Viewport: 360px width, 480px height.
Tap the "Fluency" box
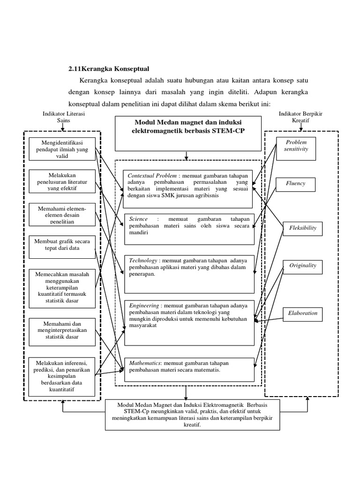(296, 184)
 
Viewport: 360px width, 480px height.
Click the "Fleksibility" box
(302, 228)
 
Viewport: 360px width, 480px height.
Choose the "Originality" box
(302, 266)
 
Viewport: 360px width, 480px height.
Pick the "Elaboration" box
(302, 313)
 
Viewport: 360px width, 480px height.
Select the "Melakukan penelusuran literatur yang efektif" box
(62, 181)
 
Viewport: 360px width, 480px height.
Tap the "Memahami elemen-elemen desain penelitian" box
(62, 214)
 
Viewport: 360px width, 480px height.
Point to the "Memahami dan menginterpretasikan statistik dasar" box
(62, 330)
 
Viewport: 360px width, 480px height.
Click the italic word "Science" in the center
(137, 219)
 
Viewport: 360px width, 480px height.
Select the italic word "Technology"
(142, 260)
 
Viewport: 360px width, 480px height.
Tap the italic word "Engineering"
(143, 304)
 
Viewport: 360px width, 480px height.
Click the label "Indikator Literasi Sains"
(63, 117)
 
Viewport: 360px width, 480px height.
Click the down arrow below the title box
(187, 155)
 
